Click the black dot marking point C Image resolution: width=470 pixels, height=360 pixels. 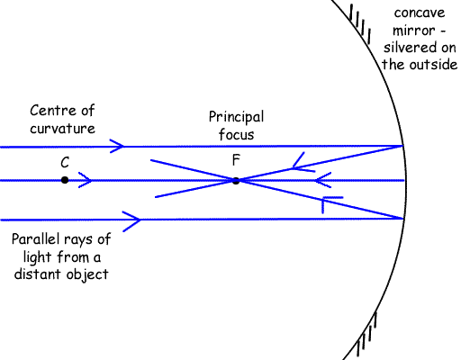(x=65, y=180)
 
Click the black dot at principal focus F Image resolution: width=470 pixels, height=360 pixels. (x=236, y=181)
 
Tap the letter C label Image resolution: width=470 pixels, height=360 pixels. (x=65, y=163)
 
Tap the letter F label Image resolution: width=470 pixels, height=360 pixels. (x=236, y=160)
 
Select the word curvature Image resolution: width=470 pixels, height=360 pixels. (x=62, y=129)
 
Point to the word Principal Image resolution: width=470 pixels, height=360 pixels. (x=237, y=117)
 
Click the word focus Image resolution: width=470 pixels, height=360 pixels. (x=237, y=134)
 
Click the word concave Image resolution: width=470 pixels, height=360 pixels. (x=420, y=13)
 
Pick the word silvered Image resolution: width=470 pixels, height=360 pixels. (x=408, y=48)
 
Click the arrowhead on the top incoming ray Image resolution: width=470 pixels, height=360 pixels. (x=117, y=146)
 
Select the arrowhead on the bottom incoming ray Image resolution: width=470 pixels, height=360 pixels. (x=132, y=220)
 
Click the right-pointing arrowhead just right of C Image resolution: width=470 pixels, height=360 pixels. (x=86, y=180)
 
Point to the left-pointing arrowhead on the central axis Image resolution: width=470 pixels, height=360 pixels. (x=323, y=180)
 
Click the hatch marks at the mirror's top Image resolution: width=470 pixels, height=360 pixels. (x=360, y=23)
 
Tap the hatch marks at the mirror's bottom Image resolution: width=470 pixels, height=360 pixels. (x=366, y=336)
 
